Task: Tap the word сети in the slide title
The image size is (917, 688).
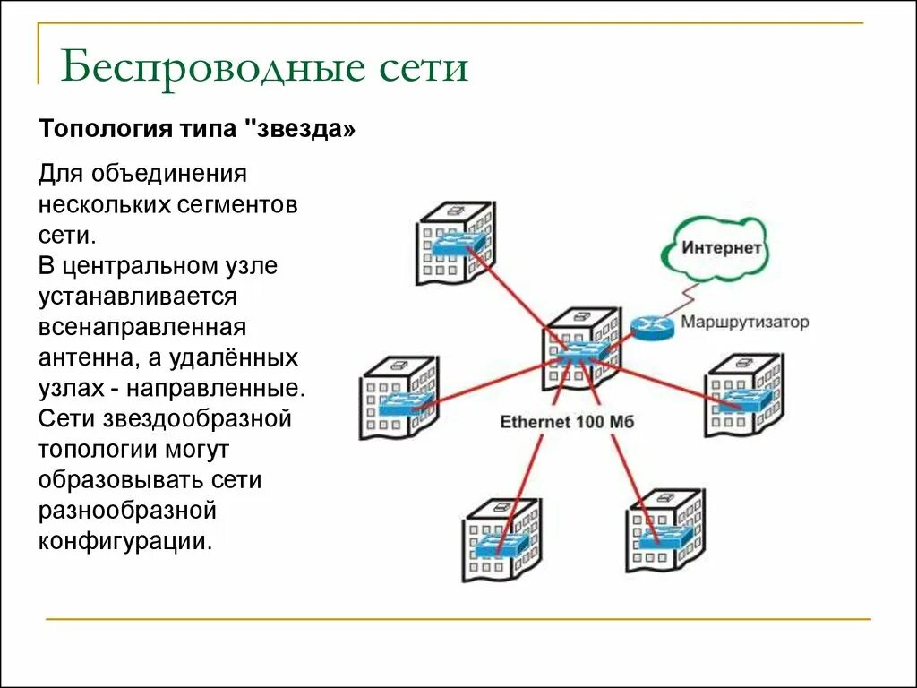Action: [x=421, y=68]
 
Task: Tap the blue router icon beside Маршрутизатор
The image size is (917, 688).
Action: [x=650, y=328]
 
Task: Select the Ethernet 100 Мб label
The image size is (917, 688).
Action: [x=566, y=421]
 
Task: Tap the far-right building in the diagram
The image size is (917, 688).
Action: [x=743, y=394]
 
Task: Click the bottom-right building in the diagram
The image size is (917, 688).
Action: [x=663, y=530]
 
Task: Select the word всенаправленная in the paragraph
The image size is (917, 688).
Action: [x=142, y=327]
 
